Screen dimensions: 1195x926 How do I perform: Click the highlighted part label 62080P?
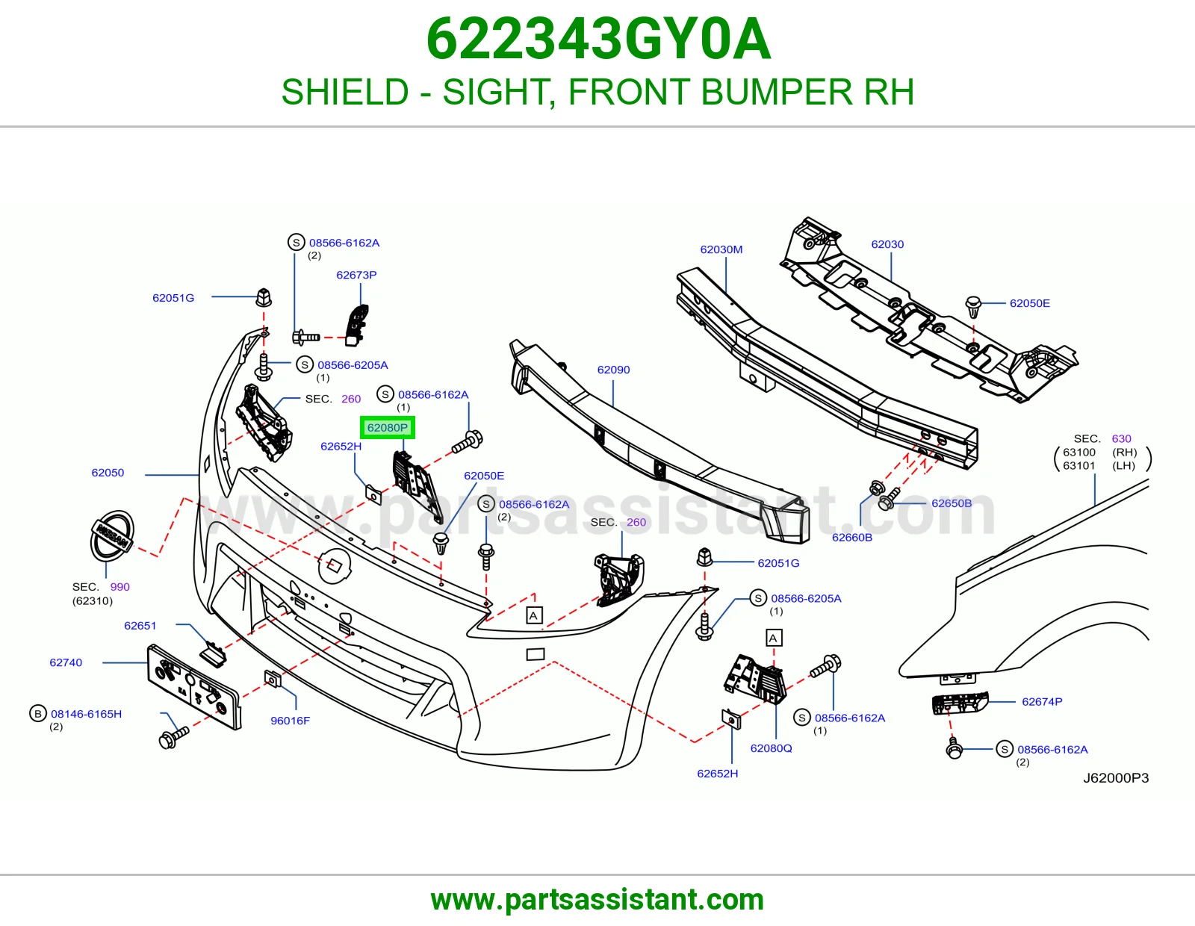tap(387, 428)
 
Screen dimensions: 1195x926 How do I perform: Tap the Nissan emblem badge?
tap(112, 535)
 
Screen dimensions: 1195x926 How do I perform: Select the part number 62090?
tap(613, 370)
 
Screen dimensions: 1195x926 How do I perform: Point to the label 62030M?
tap(721, 249)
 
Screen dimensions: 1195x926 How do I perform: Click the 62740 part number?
tap(66, 662)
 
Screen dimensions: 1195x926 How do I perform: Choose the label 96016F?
tap(290, 721)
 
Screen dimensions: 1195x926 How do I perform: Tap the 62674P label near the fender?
tap(1042, 702)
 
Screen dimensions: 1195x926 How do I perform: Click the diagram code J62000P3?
tap(1116, 778)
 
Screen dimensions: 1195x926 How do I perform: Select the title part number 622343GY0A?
tap(598, 40)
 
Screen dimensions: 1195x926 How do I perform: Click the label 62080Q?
tap(771, 748)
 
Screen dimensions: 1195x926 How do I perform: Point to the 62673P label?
tap(356, 275)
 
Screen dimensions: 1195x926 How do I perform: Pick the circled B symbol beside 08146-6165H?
tap(38, 714)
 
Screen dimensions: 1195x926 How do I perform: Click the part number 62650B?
tap(952, 503)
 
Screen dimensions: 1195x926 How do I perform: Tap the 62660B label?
tap(852, 537)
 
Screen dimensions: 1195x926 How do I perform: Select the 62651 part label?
tap(140, 626)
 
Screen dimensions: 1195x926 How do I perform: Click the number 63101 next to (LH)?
tap(1079, 466)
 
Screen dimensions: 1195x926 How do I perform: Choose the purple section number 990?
tap(120, 587)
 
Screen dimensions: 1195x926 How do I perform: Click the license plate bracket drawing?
tap(194, 687)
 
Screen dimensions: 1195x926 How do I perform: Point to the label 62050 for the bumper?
tap(108, 473)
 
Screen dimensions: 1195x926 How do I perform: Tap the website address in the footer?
tap(597, 900)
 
